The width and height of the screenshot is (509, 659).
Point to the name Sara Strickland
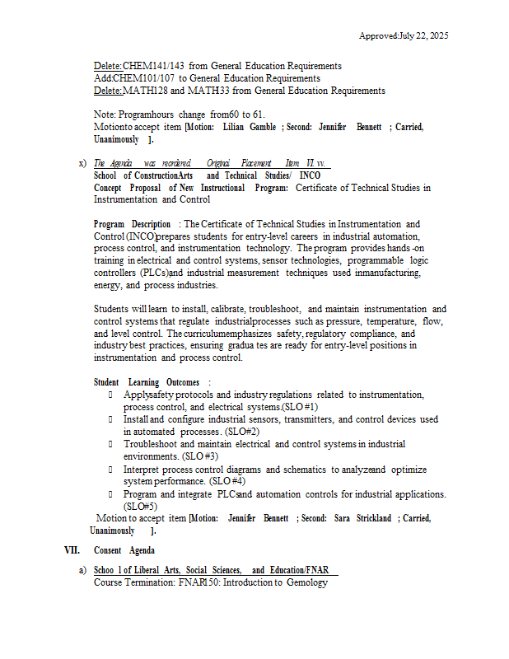[x=362, y=518]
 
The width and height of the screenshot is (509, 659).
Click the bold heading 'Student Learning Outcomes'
[x=147, y=382]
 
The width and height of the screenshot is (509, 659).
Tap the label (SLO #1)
[x=300, y=407]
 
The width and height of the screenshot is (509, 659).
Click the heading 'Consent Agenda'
[x=124, y=550]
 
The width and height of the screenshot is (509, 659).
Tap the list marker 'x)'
[x=82, y=163]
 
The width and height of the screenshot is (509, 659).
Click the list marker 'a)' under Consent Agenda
[x=82, y=570]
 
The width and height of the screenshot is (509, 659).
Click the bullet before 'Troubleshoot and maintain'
[x=110, y=444]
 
